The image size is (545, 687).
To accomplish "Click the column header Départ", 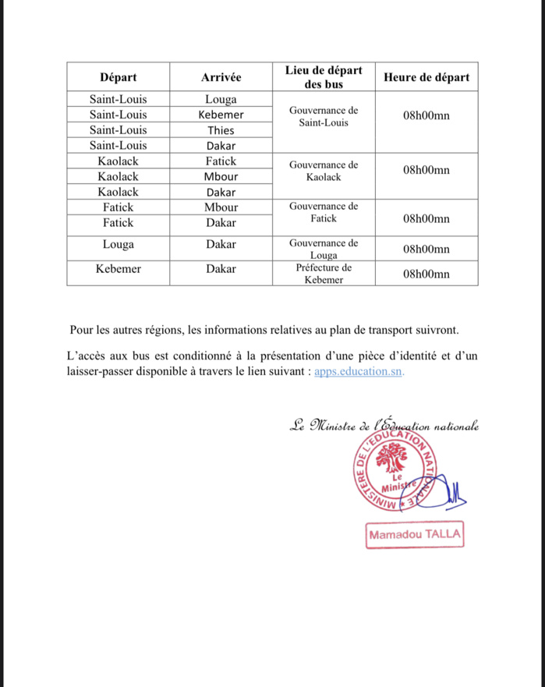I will click(118, 77).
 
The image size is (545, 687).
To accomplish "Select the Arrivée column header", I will click(221, 77).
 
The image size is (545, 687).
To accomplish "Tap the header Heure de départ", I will click(426, 77).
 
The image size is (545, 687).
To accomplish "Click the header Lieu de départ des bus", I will click(324, 77).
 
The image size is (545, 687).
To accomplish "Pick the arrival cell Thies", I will click(221, 130).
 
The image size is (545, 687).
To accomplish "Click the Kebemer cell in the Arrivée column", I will click(221, 115).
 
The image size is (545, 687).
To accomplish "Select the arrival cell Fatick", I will click(221, 161).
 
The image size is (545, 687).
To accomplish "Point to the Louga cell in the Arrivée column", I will click(221, 100).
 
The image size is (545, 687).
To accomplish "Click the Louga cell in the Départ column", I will click(118, 244).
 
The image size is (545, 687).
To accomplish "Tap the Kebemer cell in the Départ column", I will click(118, 269).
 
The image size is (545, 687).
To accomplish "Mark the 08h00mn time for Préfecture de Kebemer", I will click(426, 274).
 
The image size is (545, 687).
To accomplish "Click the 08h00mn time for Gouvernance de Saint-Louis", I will click(426, 116).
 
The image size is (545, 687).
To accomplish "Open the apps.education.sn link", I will click(359, 372).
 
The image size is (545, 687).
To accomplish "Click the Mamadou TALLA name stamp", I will click(415, 536).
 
